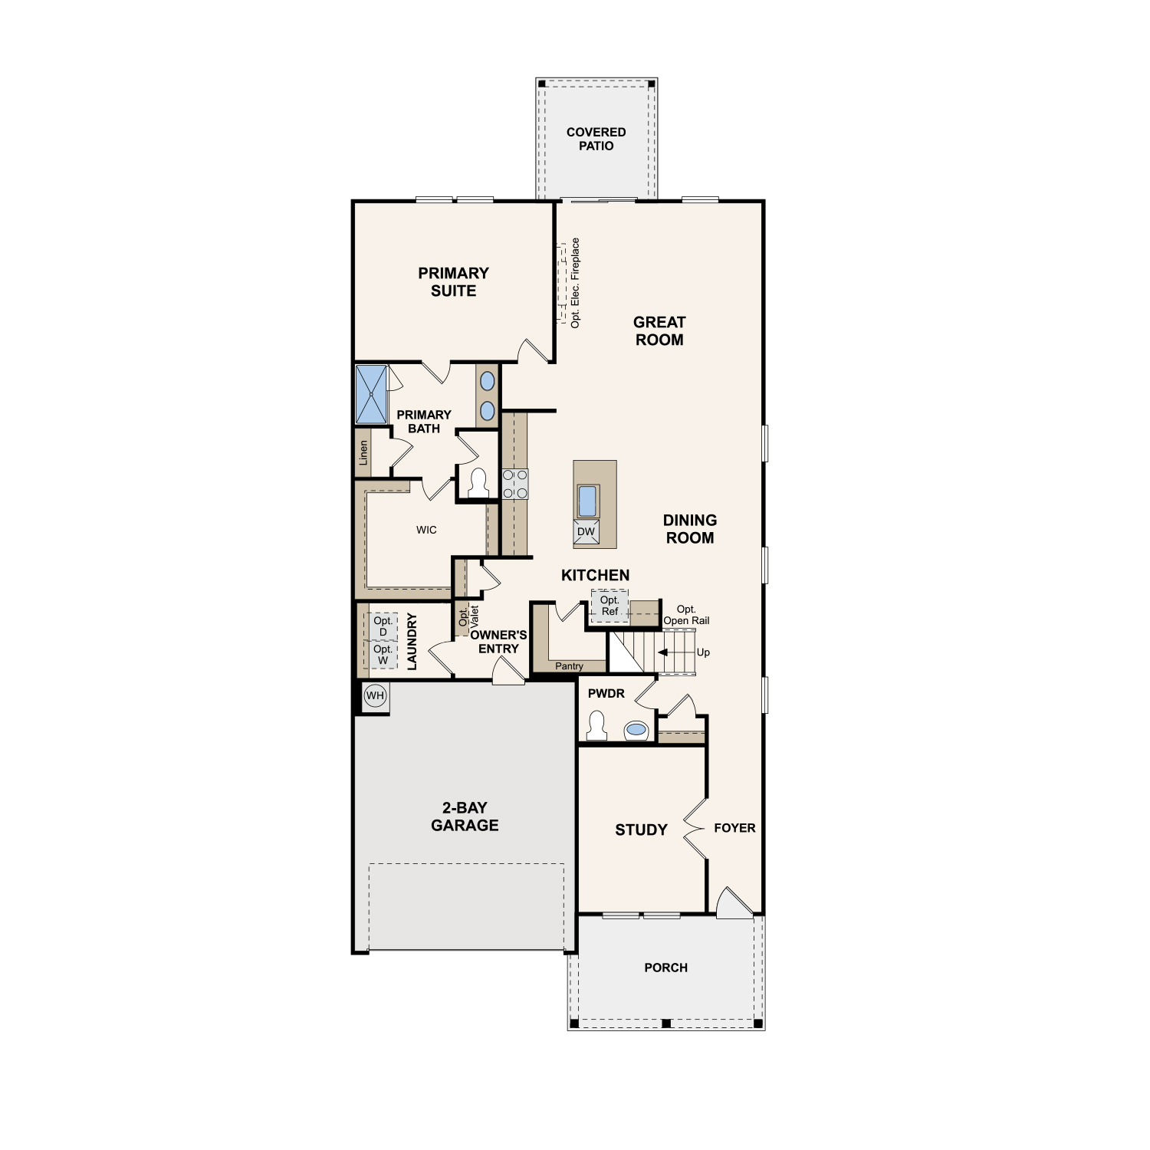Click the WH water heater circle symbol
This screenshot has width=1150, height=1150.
(375, 696)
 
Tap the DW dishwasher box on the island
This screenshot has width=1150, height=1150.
(586, 532)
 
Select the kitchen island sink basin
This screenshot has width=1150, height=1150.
(587, 501)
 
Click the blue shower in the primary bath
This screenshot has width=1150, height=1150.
(372, 394)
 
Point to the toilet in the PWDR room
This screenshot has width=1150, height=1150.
(596, 725)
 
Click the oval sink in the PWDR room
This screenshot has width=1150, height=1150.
(636, 729)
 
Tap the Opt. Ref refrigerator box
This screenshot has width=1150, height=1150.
(609, 606)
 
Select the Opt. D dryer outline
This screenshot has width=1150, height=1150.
(383, 626)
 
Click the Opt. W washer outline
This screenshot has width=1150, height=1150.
(383, 655)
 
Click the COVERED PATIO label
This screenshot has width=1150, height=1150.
(596, 139)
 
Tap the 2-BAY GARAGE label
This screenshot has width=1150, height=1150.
(465, 816)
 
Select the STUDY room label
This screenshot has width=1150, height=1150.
(641, 830)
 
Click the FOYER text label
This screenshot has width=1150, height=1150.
(734, 828)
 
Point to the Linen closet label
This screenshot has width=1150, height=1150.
(363, 452)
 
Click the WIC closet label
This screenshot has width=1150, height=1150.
(426, 530)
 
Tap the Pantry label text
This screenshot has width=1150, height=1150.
(569, 666)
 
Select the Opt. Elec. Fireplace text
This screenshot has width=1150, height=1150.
(575, 283)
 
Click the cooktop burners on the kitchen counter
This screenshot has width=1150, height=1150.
(515, 484)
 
